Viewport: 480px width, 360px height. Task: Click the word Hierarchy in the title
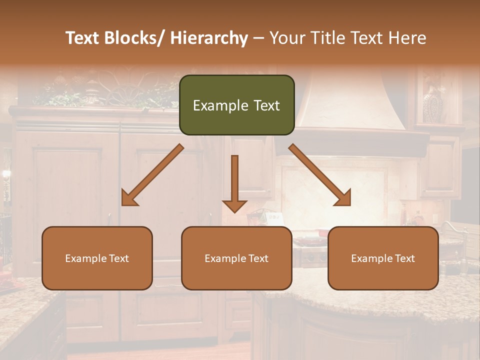pos(209,38)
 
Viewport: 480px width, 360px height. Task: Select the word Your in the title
pos(286,38)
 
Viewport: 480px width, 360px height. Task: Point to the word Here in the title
pos(406,38)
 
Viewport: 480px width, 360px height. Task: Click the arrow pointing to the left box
pos(152,175)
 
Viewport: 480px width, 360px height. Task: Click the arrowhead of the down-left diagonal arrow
pos(127,199)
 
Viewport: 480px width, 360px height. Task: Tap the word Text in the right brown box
pos(404,258)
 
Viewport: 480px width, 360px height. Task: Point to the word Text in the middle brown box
pos(257,258)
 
